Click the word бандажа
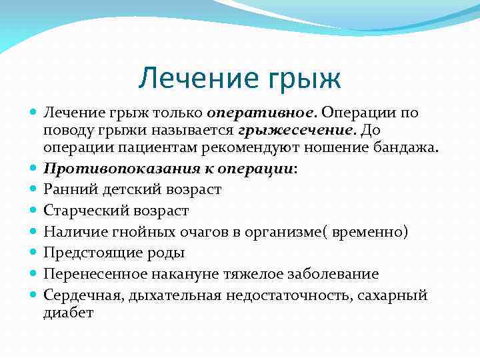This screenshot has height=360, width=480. tap(406, 147)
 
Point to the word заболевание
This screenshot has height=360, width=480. tap(340, 274)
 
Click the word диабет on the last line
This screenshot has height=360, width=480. tap(69, 311)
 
